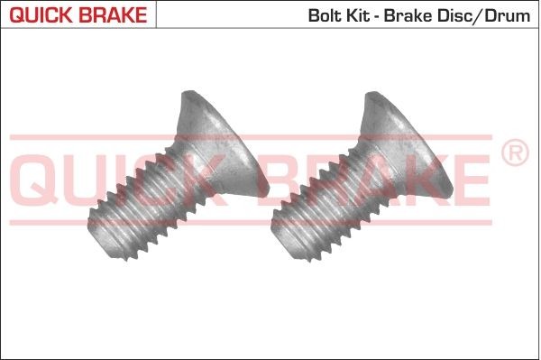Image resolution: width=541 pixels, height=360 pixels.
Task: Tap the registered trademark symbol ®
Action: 514,153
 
